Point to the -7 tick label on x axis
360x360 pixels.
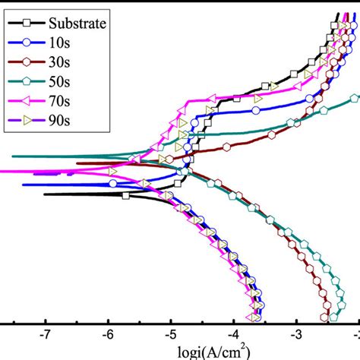pos(46,334)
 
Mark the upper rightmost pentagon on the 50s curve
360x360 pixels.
pos(354,98)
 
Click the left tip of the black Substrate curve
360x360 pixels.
pos(45,194)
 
